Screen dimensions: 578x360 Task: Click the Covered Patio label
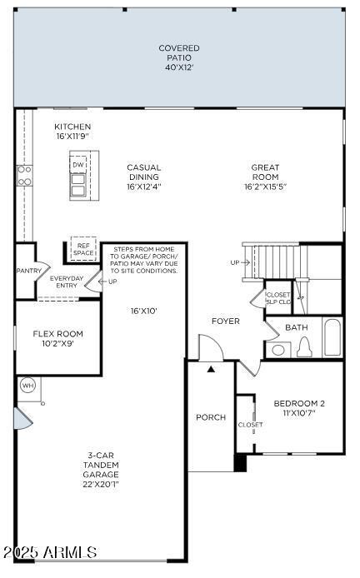(x=179, y=57)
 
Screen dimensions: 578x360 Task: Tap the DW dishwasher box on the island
(x=78, y=165)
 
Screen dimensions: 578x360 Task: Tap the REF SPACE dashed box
(x=82, y=249)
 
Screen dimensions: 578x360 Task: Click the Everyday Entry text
(x=67, y=282)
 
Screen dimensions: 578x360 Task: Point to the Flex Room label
(x=57, y=338)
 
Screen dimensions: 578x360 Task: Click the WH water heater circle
(x=27, y=386)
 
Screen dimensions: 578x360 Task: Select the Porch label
(x=210, y=416)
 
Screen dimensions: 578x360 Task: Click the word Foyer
(x=225, y=321)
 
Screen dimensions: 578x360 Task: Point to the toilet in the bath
(x=304, y=347)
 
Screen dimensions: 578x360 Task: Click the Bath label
(x=296, y=327)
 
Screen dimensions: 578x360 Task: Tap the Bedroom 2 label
(x=299, y=408)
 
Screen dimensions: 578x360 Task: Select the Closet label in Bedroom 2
(x=250, y=425)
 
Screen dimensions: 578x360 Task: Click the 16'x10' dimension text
(x=143, y=311)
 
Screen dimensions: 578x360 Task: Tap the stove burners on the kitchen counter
(x=25, y=175)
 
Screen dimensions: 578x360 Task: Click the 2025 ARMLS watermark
(x=50, y=552)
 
